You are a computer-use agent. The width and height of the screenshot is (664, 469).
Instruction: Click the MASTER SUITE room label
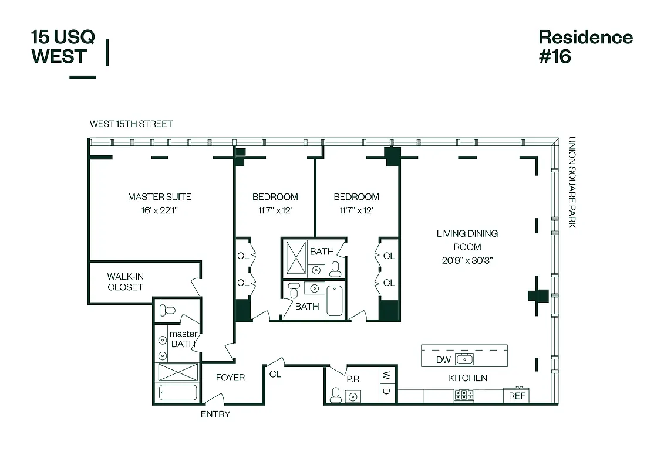(x=159, y=197)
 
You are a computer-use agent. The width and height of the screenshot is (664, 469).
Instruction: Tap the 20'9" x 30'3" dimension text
(x=467, y=260)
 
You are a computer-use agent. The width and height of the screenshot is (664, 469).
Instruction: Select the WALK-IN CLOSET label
(x=125, y=281)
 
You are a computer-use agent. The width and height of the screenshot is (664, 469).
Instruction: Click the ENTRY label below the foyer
(x=215, y=414)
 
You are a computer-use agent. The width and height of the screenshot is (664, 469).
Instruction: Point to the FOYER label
(x=230, y=378)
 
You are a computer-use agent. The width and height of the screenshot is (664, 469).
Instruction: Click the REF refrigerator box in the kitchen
(x=517, y=396)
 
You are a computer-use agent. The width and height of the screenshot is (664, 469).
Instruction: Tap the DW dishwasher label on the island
(x=443, y=360)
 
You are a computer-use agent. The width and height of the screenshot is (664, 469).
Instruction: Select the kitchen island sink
(x=464, y=359)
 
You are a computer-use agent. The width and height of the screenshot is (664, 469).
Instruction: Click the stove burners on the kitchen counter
(x=463, y=396)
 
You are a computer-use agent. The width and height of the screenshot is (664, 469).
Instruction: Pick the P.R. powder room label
(x=353, y=379)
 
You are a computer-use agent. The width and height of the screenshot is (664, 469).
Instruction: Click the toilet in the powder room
(x=335, y=395)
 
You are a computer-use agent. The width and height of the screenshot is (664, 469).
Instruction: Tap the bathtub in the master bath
(x=177, y=393)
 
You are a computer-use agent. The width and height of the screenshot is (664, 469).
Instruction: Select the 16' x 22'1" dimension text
(x=159, y=210)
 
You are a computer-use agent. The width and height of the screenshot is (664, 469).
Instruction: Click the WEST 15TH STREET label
(x=131, y=124)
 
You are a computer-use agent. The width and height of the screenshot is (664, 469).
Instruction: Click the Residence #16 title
(x=585, y=46)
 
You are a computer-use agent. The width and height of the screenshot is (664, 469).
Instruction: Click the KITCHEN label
(x=468, y=378)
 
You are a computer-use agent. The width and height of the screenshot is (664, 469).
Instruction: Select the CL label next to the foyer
(x=275, y=374)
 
